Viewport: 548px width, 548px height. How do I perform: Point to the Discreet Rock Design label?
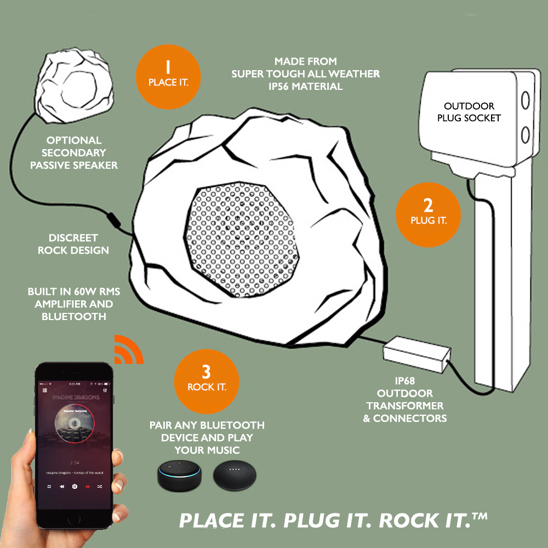73,244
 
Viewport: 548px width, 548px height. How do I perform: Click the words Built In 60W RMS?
73,292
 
